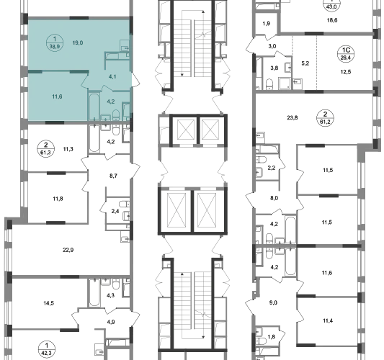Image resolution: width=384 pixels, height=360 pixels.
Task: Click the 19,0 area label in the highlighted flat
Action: (78, 42)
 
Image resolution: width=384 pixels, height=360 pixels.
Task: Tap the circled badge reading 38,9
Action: (55, 42)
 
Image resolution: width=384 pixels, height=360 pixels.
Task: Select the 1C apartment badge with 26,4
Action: (346, 54)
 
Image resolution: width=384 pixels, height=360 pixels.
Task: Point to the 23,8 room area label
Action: (293, 117)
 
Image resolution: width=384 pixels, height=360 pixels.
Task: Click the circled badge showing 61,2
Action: (325, 117)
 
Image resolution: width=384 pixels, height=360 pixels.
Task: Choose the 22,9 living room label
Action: (68, 250)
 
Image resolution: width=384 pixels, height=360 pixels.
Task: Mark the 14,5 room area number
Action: (49, 303)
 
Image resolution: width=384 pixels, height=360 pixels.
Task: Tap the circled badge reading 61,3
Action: (45, 149)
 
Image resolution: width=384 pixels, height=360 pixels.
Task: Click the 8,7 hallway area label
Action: (113, 176)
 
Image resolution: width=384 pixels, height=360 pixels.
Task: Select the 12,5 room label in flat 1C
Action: (346, 72)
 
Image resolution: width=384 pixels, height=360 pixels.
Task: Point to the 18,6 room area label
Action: (332, 20)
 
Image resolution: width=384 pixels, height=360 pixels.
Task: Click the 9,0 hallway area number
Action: (273, 302)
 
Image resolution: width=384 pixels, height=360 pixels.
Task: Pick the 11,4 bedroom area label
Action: (327, 320)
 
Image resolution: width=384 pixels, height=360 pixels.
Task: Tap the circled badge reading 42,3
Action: (47, 349)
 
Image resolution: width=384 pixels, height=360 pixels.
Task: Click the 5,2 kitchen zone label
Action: (305, 63)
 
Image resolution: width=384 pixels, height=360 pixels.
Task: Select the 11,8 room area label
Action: (58, 199)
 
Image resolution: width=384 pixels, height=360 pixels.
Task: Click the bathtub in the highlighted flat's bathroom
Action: (94, 106)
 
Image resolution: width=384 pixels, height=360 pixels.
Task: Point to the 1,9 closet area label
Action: (267, 24)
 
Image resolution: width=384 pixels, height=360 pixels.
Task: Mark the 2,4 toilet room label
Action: (115, 211)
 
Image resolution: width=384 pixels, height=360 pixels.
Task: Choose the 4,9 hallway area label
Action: (111, 322)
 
